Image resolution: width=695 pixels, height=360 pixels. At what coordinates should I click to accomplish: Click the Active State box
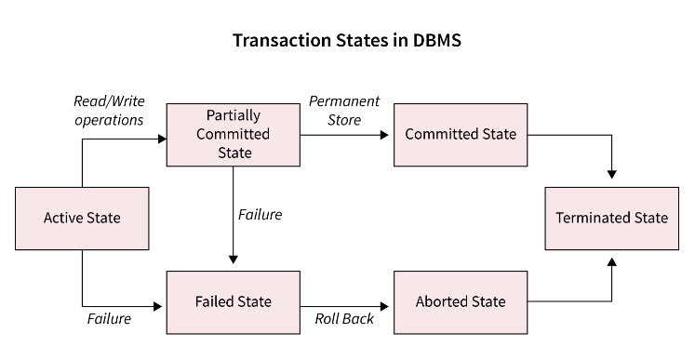pyautogui.click(x=82, y=219)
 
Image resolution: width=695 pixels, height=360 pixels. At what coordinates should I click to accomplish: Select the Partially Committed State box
pyautogui.click(x=233, y=135)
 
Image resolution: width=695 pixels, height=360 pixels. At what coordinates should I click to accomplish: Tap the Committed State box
pyautogui.click(x=460, y=134)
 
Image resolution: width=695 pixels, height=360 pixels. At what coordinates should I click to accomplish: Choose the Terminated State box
pyautogui.click(x=611, y=218)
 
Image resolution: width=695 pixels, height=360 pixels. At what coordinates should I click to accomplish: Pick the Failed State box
pyautogui.click(x=233, y=301)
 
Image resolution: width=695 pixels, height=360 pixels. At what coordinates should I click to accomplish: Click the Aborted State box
pyautogui.click(x=460, y=301)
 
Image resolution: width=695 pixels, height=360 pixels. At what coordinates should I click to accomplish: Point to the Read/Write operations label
pyautogui.click(x=108, y=111)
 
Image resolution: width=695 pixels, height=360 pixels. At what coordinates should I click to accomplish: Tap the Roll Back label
pyautogui.click(x=343, y=319)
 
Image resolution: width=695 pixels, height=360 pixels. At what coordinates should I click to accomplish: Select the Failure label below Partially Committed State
pyautogui.click(x=260, y=215)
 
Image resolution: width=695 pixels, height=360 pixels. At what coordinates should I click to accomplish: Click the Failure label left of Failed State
pyautogui.click(x=109, y=319)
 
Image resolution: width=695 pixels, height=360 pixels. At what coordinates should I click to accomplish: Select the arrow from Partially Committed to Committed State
pyautogui.click(x=344, y=135)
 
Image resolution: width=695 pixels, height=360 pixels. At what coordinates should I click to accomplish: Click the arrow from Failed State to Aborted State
pyautogui.click(x=344, y=302)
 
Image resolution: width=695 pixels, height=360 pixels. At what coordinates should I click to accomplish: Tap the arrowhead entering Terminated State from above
pyautogui.click(x=611, y=173)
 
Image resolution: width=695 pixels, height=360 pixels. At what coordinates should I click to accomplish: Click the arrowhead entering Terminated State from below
pyautogui.click(x=611, y=263)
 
